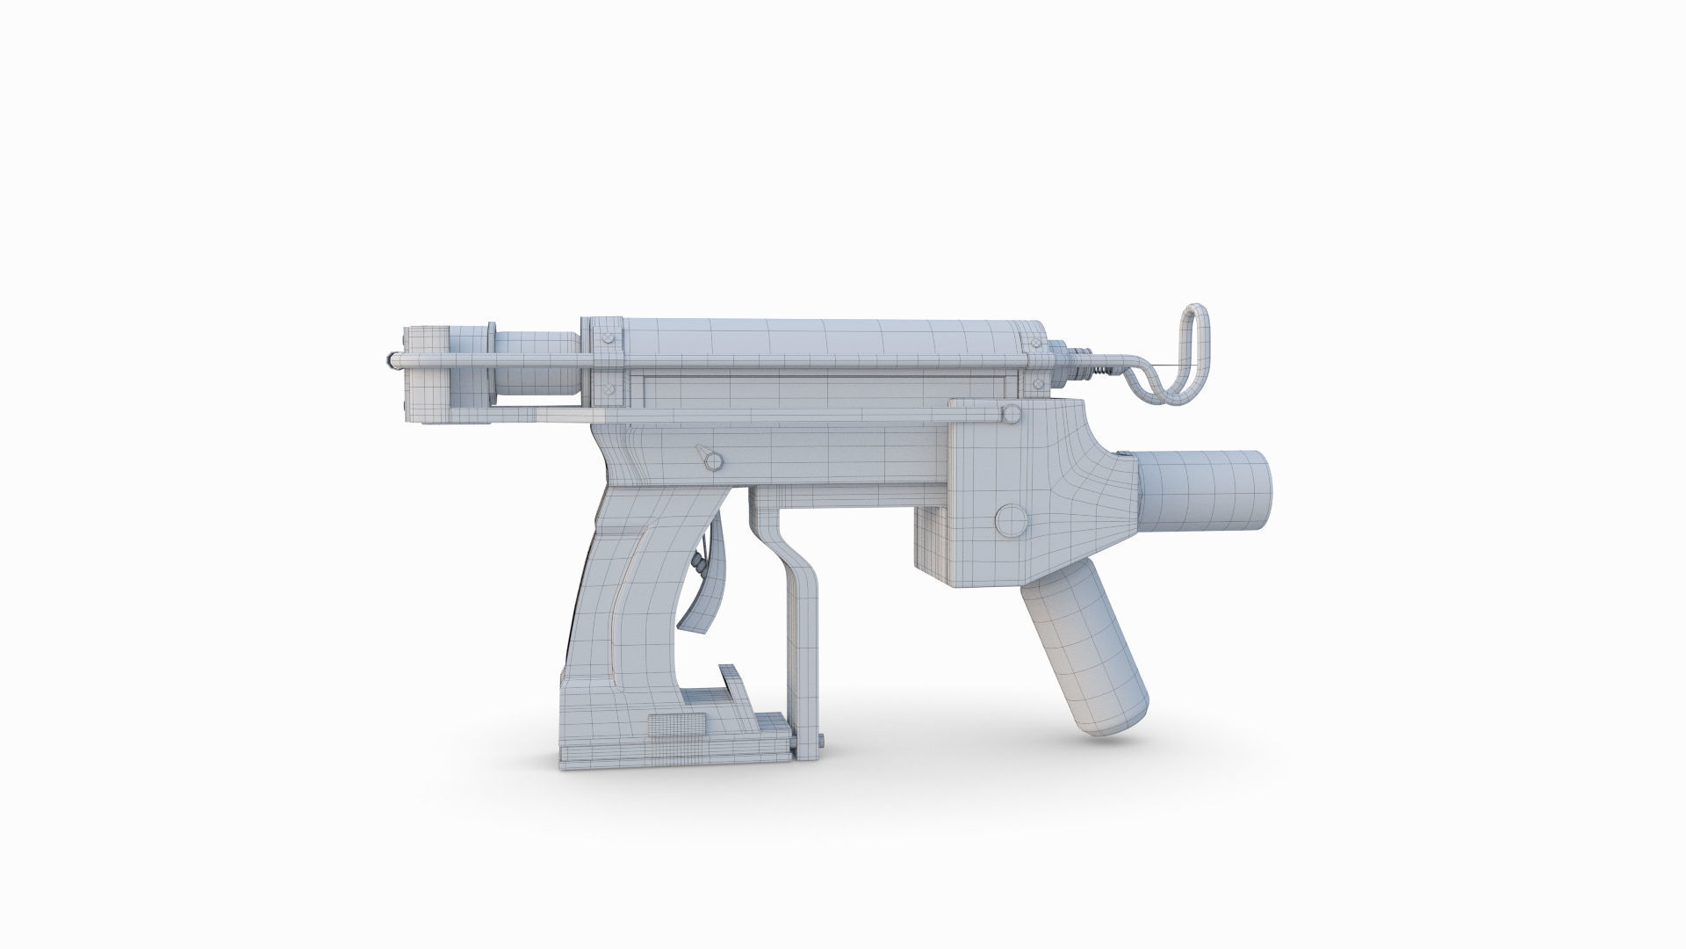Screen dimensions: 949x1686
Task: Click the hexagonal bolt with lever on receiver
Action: point(712,460)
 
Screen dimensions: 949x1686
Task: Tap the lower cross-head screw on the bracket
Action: point(607,388)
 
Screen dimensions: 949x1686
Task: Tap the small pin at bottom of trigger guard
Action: point(820,748)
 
